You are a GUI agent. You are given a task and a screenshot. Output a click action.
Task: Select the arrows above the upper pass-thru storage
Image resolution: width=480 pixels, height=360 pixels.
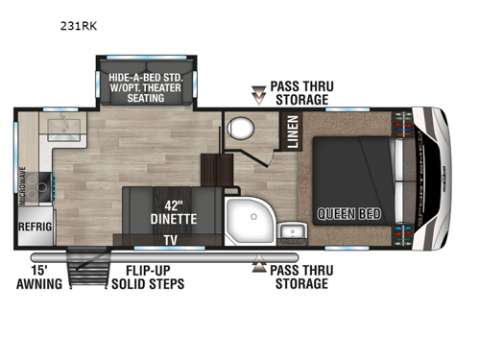click(256, 92)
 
